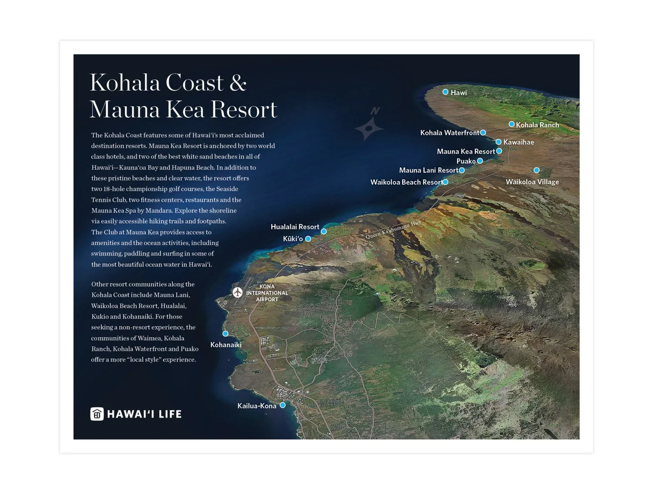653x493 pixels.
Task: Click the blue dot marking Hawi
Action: (x=445, y=92)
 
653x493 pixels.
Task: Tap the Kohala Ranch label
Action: (x=537, y=125)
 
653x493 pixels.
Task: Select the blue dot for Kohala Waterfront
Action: (x=483, y=132)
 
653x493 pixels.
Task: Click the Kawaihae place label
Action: (x=518, y=142)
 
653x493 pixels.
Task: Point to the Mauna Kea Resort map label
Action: (x=466, y=152)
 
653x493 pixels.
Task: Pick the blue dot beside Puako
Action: (x=480, y=161)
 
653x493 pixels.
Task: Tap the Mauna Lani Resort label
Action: (x=428, y=170)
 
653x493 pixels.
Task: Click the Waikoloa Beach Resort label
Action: (x=406, y=182)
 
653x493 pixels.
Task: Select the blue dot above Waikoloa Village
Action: (x=536, y=170)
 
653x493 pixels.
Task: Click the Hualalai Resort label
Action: (x=295, y=227)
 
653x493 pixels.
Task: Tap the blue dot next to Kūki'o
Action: (x=308, y=239)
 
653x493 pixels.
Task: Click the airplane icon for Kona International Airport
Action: (x=237, y=292)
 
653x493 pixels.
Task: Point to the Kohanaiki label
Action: (x=226, y=345)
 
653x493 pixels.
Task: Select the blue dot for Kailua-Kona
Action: (x=283, y=405)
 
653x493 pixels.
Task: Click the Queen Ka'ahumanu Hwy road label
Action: (x=393, y=230)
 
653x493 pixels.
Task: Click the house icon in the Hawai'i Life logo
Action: (x=97, y=414)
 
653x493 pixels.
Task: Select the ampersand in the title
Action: (x=238, y=83)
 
